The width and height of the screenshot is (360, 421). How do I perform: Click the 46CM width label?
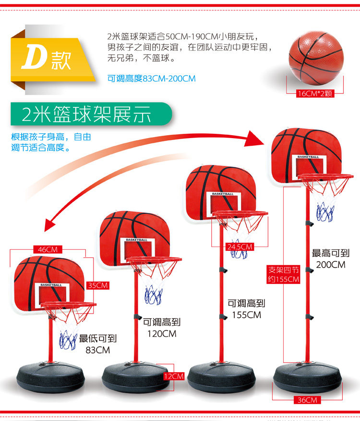[x=48, y=249]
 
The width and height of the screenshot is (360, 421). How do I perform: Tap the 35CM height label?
[x=97, y=285]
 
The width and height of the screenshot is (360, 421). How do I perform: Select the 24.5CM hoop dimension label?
[x=240, y=246]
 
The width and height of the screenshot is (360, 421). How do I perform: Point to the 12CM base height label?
[x=174, y=376]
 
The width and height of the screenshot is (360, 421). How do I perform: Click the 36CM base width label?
[x=307, y=400]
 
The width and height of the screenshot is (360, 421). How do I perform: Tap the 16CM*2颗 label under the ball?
[x=315, y=94]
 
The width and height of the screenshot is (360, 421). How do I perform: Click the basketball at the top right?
[x=316, y=58]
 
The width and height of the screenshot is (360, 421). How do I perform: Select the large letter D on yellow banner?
[x=35, y=57]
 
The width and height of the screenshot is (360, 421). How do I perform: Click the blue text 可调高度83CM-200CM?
[x=151, y=79]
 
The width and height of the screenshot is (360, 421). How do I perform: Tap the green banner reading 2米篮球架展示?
[x=91, y=114]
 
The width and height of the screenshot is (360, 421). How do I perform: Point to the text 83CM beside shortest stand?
[x=97, y=350]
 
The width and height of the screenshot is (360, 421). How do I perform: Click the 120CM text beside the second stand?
[x=162, y=334]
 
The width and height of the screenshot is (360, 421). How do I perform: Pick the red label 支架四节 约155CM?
[x=283, y=274]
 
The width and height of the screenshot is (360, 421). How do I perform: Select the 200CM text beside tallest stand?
[x=331, y=265]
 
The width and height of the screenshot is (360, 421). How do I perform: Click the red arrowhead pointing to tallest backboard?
[x=254, y=139]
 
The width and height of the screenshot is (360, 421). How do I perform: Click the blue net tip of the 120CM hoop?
[x=153, y=295]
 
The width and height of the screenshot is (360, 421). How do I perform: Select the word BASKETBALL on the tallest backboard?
[x=308, y=157]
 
